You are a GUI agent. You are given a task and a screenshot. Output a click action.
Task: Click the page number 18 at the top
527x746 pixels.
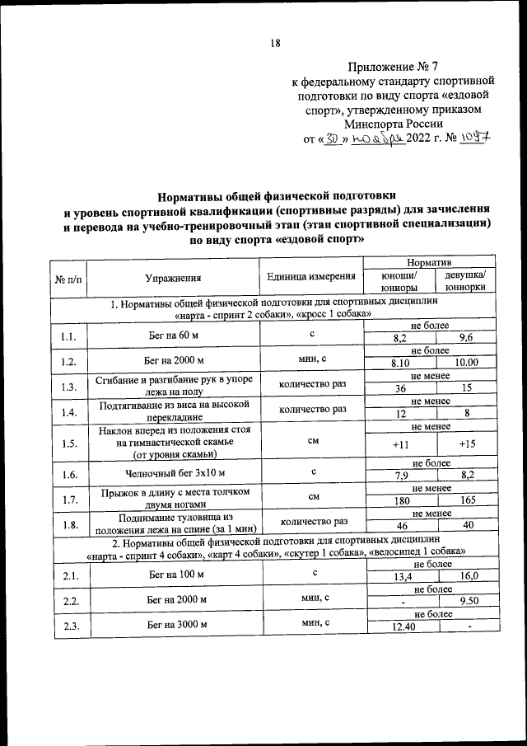click(x=276, y=45)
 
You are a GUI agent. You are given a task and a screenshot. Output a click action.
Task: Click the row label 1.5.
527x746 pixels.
click(x=68, y=443)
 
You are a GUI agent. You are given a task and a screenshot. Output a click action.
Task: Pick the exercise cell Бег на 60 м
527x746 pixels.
click(x=173, y=335)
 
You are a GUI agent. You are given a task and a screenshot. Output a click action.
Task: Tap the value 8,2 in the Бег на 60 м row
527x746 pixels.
click(x=400, y=340)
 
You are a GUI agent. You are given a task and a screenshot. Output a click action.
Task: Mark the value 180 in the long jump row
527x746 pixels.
click(x=400, y=500)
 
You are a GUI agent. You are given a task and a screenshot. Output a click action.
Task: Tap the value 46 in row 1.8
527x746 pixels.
click(x=400, y=527)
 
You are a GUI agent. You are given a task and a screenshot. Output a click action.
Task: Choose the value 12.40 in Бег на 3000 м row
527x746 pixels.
click(x=400, y=629)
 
